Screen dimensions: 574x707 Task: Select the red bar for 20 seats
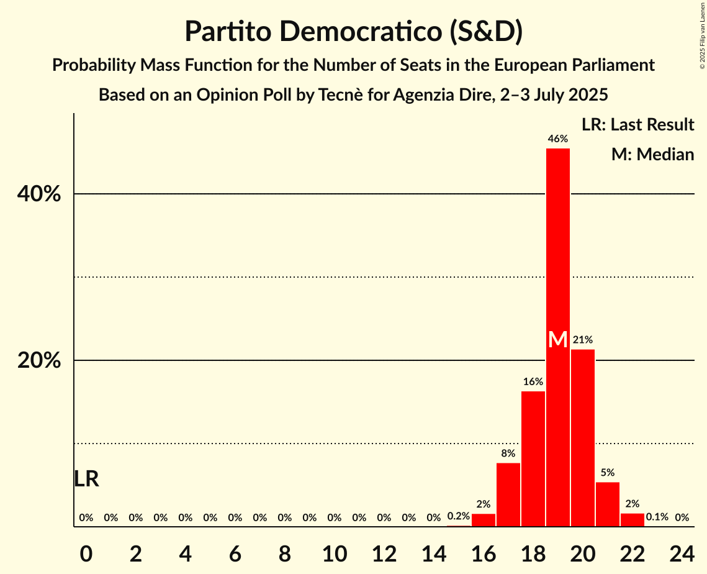583,438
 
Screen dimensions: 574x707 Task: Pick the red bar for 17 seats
508,494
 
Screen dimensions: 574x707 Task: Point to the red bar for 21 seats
608,504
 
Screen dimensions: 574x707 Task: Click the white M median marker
558,340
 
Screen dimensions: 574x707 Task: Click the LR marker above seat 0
86,479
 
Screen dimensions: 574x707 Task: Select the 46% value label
558,139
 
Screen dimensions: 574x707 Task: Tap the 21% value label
583,340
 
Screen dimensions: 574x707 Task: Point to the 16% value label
533,381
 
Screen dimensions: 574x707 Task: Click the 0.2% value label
458,517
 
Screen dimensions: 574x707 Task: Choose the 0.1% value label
657,517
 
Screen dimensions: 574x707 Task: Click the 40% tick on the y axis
39,194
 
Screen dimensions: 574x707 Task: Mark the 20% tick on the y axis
39,361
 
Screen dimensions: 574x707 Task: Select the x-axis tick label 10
335,551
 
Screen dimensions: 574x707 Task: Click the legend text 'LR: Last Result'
637,125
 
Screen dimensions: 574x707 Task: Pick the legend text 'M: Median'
652,154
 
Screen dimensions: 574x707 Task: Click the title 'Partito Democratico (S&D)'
353,31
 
